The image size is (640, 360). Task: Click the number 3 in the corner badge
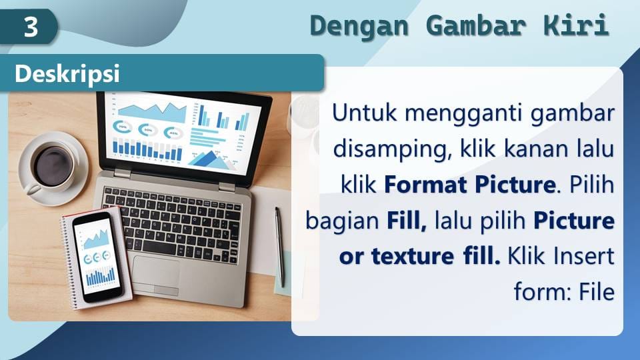[x=31, y=27]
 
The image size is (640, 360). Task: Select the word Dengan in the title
[x=359, y=26]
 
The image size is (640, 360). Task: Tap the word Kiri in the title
[x=576, y=25]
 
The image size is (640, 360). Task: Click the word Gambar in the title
[x=476, y=26]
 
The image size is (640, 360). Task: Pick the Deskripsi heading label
[x=67, y=74]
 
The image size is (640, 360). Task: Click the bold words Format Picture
[x=470, y=185]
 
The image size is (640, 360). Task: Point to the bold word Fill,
[x=407, y=221]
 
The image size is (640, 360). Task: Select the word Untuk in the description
[x=364, y=113]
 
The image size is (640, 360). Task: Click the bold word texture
[x=412, y=256]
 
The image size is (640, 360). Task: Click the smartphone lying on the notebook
[x=97, y=257]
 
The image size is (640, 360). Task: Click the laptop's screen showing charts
[x=183, y=131]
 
